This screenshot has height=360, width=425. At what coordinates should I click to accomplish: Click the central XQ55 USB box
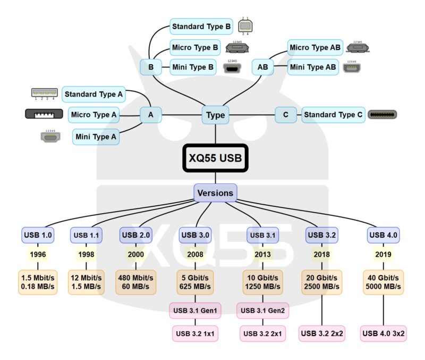(215, 158)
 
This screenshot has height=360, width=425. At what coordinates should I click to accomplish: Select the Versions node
(215, 192)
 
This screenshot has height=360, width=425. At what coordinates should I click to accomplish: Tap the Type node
(215, 115)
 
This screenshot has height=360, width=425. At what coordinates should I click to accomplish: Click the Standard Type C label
(333, 115)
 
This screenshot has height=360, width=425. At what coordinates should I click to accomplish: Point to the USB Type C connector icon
(383, 114)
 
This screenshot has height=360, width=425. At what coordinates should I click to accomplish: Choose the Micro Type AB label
(315, 48)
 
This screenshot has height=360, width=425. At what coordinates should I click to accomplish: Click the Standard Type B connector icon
(245, 26)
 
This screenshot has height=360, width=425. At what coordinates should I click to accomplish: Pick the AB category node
(263, 68)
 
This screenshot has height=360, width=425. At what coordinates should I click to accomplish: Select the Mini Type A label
(96, 137)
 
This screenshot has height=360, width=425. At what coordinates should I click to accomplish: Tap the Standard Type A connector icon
(44, 93)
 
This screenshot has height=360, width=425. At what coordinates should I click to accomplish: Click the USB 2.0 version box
(136, 235)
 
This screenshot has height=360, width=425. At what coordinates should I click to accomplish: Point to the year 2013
(262, 254)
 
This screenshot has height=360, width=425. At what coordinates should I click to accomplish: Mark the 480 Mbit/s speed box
(136, 282)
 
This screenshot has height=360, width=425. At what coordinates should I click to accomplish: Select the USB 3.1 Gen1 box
(195, 311)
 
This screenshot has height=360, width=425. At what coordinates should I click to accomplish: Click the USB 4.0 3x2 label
(384, 334)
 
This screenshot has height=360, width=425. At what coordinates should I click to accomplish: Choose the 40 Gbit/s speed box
(384, 282)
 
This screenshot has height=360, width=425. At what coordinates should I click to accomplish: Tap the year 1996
(38, 254)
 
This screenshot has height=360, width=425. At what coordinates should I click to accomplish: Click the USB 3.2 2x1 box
(262, 334)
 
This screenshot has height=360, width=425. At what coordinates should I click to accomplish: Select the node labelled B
(151, 68)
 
